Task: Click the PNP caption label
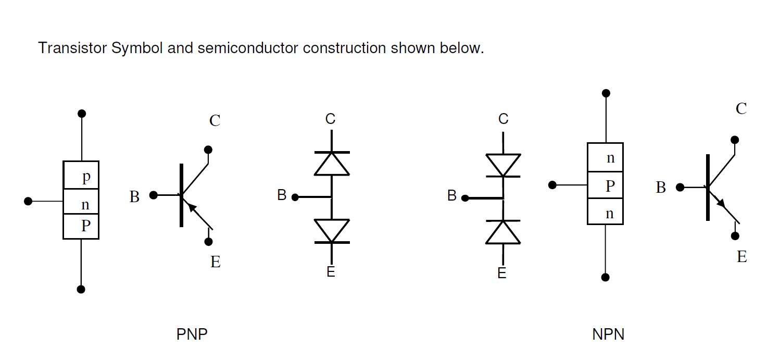click(192, 334)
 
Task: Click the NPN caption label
click(608, 334)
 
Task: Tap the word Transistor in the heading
click(72, 48)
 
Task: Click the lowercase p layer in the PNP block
click(81, 176)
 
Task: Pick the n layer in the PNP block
click(81, 202)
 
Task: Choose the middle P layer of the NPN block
click(605, 185)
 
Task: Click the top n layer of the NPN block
click(605, 157)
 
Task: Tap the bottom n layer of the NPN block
click(605, 212)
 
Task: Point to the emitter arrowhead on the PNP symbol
click(192, 207)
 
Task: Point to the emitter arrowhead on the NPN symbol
click(721, 202)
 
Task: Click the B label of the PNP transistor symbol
click(134, 197)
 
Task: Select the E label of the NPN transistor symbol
click(742, 257)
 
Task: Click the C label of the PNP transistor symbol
click(215, 121)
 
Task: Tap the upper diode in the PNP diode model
click(332, 164)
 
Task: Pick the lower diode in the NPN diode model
click(503, 232)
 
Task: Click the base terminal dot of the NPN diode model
click(465, 198)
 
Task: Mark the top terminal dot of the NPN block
click(606, 93)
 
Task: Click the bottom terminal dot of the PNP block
click(81, 289)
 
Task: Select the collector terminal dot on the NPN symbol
click(735, 140)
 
